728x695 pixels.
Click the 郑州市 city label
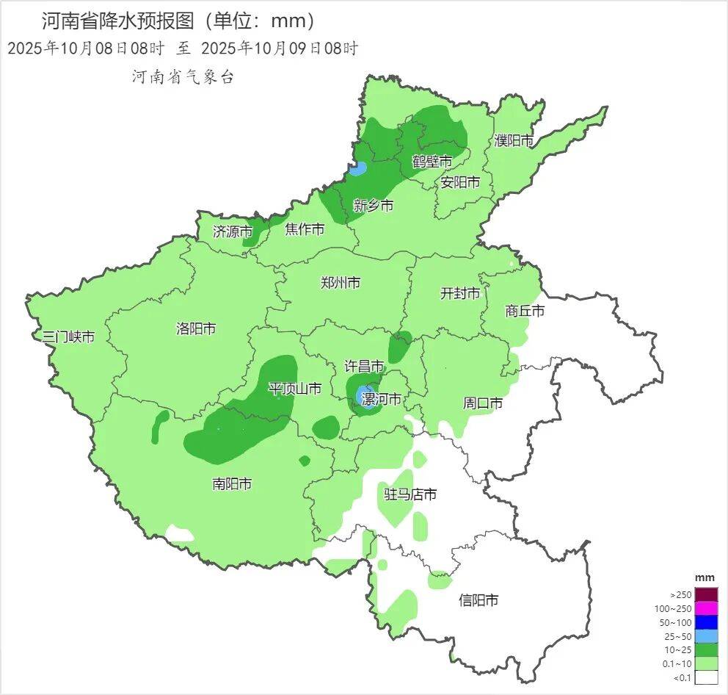click(341, 282)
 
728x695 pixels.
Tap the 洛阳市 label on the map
click(196, 328)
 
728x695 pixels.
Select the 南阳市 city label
click(232, 483)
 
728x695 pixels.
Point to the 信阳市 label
click(478, 600)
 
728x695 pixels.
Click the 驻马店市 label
click(411, 494)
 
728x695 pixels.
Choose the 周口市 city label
click(483, 403)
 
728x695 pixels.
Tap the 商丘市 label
click(525, 311)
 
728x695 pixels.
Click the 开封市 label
click(460, 293)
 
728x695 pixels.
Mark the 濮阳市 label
click(514, 140)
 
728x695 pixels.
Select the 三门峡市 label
click(68, 337)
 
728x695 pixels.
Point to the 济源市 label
click(232, 231)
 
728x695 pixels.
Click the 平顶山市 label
click(294, 389)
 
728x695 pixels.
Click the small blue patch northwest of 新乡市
click(357, 169)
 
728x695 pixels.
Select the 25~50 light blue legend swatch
click(706, 636)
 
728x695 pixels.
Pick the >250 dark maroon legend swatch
click(706, 594)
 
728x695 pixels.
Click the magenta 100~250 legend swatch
click(706, 608)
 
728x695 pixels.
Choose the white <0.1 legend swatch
click(706, 677)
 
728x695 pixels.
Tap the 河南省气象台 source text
click(183, 77)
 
